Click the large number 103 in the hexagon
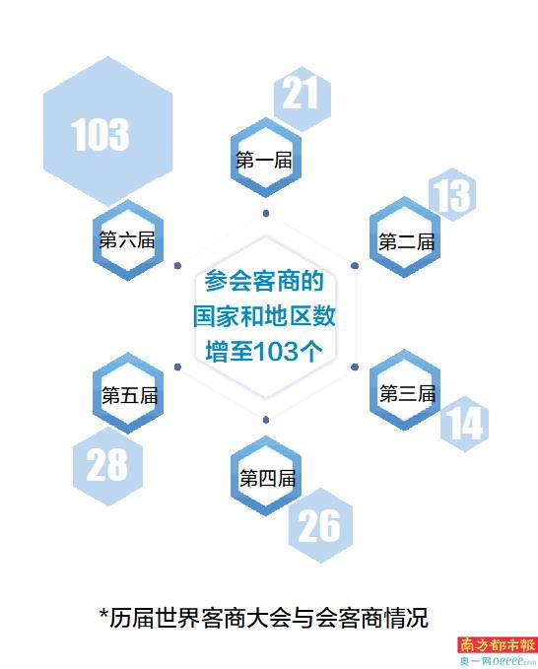(x=100, y=134)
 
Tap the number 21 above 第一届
(x=301, y=93)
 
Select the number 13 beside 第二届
(x=452, y=195)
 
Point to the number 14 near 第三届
(x=465, y=424)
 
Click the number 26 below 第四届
(x=319, y=526)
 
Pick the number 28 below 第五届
(x=106, y=465)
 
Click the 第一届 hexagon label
(x=264, y=160)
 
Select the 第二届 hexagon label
(x=406, y=242)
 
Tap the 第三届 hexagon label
(x=408, y=393)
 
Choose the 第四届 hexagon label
(x=267, y=478)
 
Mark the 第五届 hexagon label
(x=130, y=395)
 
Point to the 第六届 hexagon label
(x=127, y=239)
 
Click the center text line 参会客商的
(x=264, y=281)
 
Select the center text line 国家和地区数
(x=264, y=316)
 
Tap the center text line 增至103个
(x=264, y=352)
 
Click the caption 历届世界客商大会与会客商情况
(x=263, y=618)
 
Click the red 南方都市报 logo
(x=497, y=644)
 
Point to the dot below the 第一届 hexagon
(x=266, y=213)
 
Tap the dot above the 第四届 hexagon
(x=266, y=420)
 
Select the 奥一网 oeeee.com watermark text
(x=498, y=661)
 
